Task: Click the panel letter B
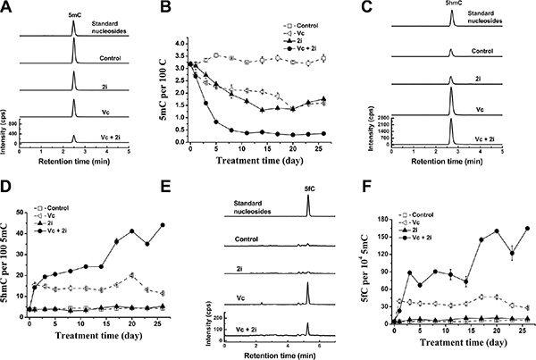click(x=165, y=7)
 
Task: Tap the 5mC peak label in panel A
click(x=73, y=15)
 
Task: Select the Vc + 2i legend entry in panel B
click(x=300, y=49)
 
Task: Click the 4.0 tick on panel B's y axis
click(x=180, y=44)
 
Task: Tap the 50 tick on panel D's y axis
click(x=21, y=213)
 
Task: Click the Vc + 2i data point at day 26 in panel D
click(x=163, y=225)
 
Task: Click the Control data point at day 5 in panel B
click(x=216, y=55)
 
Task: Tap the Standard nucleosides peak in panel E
click(x=308, y=205)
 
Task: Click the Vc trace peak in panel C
click(x=451, y=101)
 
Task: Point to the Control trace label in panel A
click(x=111, y=58)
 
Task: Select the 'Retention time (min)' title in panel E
click(x=280, y=356)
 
